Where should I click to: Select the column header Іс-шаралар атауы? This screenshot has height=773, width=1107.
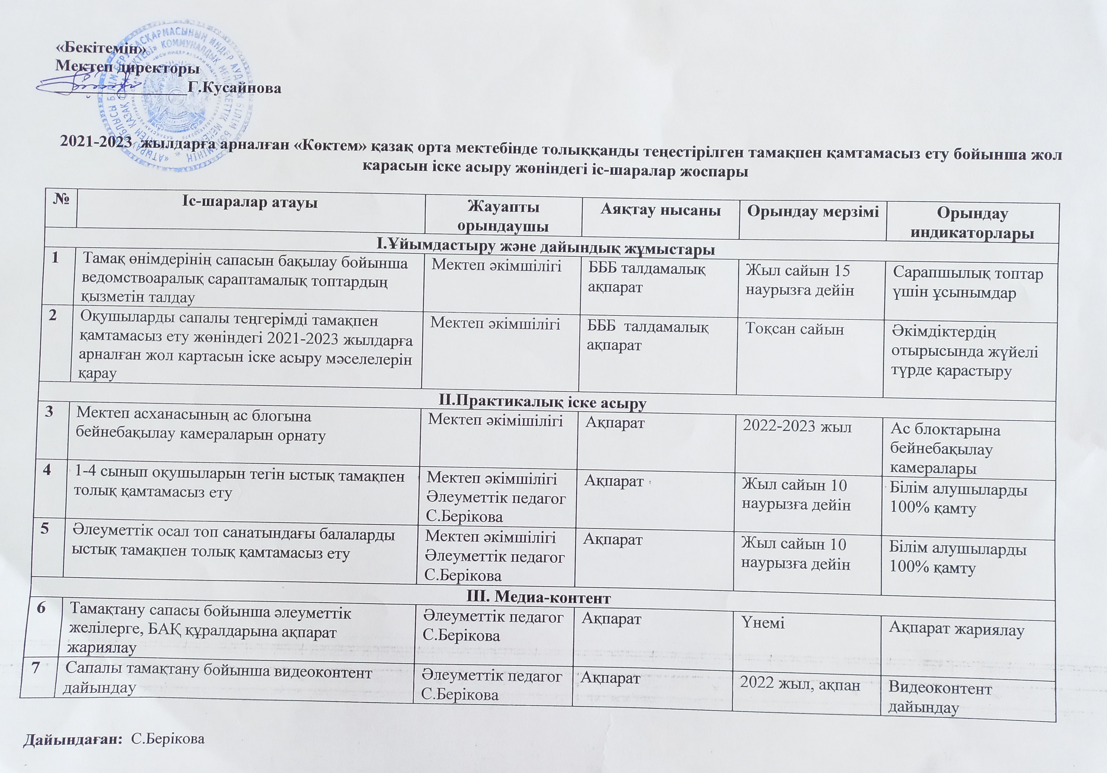249,202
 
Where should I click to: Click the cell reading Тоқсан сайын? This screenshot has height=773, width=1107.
795,329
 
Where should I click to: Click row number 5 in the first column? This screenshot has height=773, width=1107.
44,529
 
